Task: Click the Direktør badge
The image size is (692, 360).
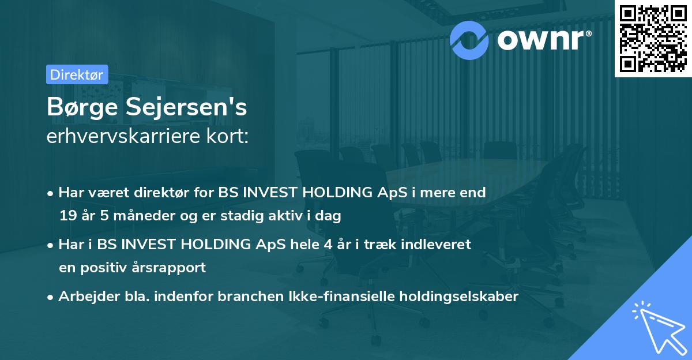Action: [77, 74]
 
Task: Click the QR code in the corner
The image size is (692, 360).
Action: [653, 38]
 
